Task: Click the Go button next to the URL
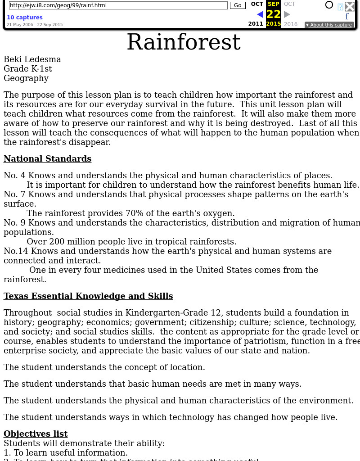238,5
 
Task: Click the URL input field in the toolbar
118,5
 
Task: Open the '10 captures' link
24,18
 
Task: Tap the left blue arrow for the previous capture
260,14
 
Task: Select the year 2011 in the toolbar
256,24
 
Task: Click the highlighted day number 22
274,14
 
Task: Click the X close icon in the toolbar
350,6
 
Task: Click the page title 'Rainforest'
183,42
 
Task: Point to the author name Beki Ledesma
32,59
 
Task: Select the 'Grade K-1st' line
28,69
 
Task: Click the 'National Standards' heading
47,159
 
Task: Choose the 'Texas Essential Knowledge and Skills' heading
88,296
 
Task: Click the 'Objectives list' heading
36,434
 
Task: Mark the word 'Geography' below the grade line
26,78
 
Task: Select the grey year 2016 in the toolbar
291,24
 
